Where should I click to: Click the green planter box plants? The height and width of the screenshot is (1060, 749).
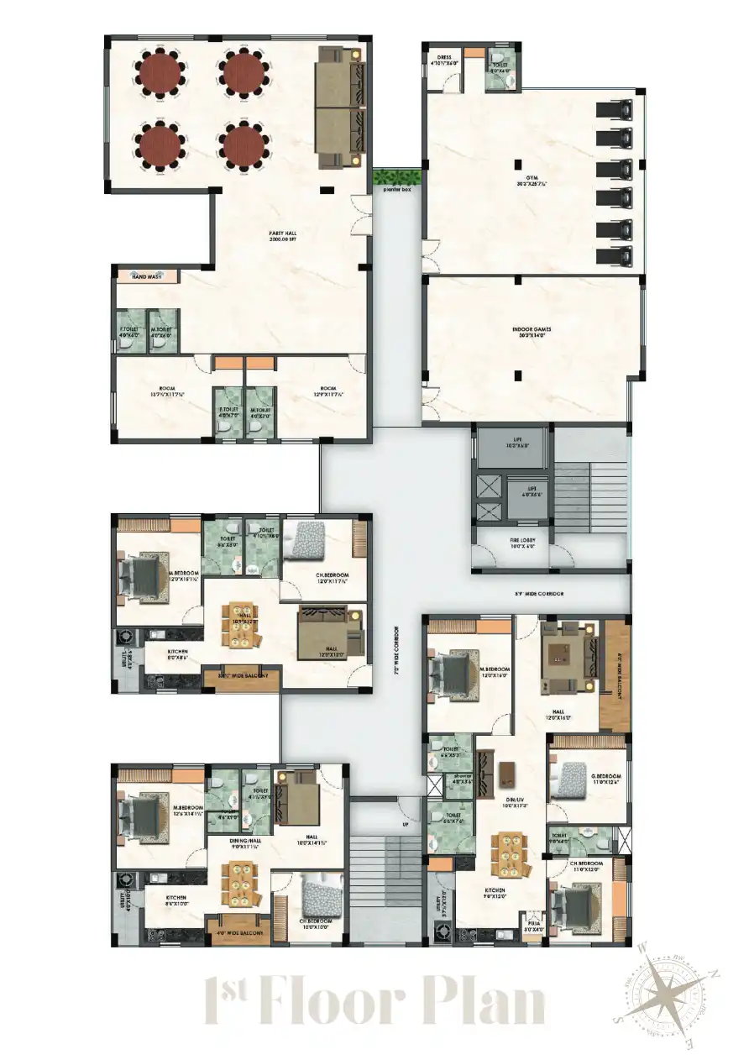396,176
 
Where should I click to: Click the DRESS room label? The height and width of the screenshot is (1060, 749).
444,60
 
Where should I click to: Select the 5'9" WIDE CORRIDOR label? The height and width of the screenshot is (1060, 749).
539,594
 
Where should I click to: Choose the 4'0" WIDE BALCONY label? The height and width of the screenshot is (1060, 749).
242,933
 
